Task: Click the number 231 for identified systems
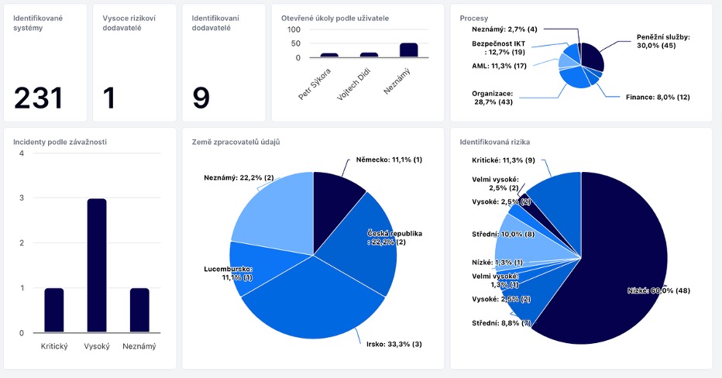coord(38,98)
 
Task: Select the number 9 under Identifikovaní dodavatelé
coord(201,98)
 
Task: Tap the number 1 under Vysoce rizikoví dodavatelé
coord(109,98)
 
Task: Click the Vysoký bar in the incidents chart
coord(97,265)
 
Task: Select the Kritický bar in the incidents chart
coord(54,310)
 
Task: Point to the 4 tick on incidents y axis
coord(22,153)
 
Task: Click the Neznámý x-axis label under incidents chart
coord(139,346)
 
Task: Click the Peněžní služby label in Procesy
coord(662,41)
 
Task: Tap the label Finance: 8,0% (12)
coord(658,97)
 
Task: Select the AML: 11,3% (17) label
coord(500,66)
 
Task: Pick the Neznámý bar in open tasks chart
coord(408,50)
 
